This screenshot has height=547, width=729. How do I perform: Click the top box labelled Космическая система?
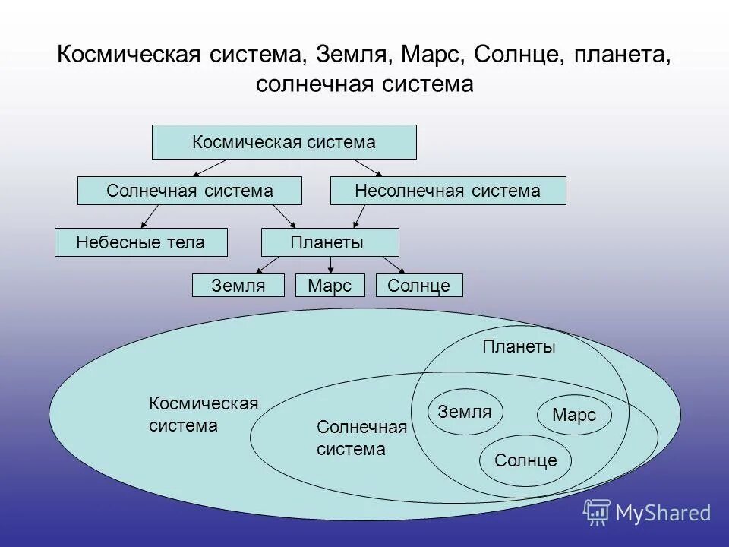(284, 142)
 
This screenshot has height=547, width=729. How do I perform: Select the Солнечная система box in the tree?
(190, 191)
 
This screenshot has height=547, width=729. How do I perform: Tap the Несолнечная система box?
(448, 191)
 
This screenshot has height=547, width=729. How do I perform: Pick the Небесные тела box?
(140, 242)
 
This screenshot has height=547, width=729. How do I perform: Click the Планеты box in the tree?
(330, 242)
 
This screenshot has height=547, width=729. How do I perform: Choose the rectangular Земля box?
(238, 286)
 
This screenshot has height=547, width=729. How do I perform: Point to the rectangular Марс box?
(330, 286)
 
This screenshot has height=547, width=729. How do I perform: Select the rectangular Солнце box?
(418, 286)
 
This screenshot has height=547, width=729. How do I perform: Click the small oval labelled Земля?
(465, 412)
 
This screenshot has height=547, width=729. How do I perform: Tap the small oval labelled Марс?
(573, 415)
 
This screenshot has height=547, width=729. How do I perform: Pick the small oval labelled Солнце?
(525, 460)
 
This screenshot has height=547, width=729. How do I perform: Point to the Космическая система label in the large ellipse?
(204, 414)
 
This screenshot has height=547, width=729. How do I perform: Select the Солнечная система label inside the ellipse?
(361, 438)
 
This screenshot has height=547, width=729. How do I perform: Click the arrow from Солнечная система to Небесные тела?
(150, 217)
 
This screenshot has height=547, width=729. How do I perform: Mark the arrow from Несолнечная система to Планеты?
(359, 217)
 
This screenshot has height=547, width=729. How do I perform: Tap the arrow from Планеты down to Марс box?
(330, 265)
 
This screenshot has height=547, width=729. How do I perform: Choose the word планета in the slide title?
(622, 55)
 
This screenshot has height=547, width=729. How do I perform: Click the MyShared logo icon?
(597, 513)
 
